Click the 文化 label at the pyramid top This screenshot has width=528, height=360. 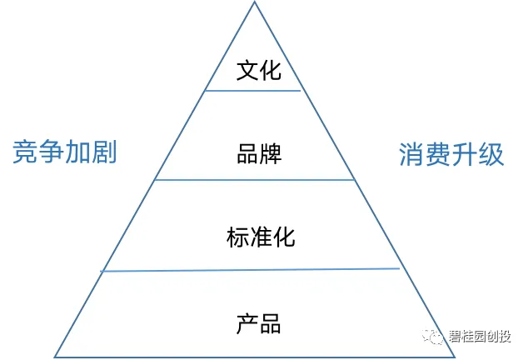pos(259,70)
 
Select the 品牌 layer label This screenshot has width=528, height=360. pos(259,154)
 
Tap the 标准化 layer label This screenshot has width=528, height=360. pos(260,237)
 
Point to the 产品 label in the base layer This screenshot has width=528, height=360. pos(259,322)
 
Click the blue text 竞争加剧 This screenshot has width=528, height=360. pos(64,153)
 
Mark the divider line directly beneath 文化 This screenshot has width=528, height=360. pos(252,91)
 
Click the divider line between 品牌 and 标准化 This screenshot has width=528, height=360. pos(255,179)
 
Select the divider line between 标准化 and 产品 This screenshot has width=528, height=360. pos(250,269)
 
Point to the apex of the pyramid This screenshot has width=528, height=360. pos(253,2)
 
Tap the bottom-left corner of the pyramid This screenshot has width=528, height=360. pos(55,357)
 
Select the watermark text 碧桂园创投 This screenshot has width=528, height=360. pos(480,337)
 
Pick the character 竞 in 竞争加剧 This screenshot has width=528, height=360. pos(25,153)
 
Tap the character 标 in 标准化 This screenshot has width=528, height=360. pos(237,237)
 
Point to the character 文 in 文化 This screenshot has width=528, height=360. pos(247,70)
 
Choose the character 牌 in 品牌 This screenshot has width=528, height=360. pos(271,154)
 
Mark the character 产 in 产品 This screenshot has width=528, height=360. pos(247,322)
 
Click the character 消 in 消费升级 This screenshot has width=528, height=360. pos(412,154)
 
